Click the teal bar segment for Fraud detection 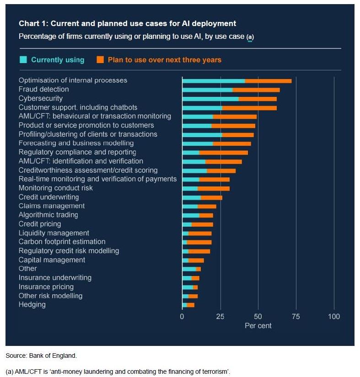click(x=207, y=90)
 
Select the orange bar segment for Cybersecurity click(x=258, y=99)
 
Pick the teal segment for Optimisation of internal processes click(x=213, y=81)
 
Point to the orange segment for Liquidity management click(x=200, y=233)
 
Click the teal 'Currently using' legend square click(x=23, y=60)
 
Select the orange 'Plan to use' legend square click(x=100, y=60)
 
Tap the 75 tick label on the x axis click(x=296, y=317)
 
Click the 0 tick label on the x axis click(x=182, y=317)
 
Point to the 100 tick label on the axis click(x=334, y=317)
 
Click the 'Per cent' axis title click(x=258, y=326)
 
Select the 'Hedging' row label click(x=32, y=304)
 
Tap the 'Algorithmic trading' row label click(x=48, y=215)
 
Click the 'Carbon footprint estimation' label click(x=62, y=242)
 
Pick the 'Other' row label click(x=27, y=269)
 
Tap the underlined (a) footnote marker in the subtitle click(x=250, y=37)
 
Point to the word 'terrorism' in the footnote click(x=215, y=371)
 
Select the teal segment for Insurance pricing click(x=187, y=287)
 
